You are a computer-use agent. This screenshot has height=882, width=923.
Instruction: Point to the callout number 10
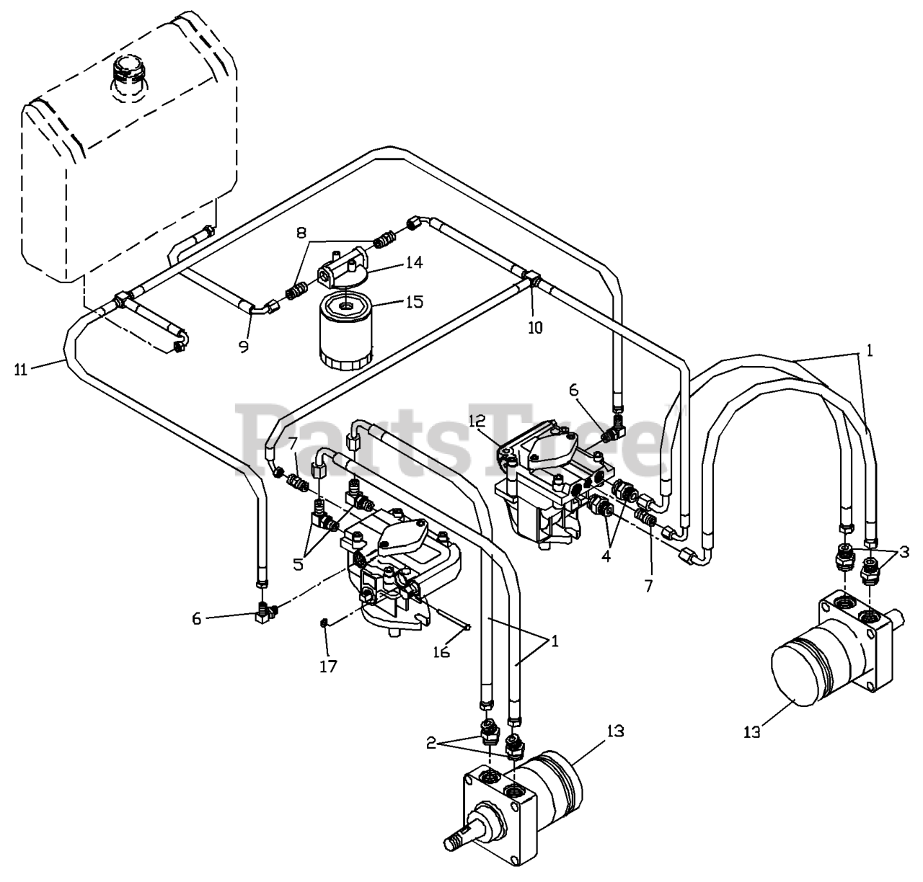(x=534, y=327)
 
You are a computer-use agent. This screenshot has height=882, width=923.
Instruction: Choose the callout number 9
(x=244, y=347)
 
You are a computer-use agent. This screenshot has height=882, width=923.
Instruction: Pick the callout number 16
(x=441, y=651)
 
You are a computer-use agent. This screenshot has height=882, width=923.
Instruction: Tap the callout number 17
(x=330, y=667)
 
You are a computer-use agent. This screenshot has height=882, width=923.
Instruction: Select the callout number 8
(x=301, y=232)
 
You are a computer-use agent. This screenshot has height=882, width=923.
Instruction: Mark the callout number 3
(x=904, y=553)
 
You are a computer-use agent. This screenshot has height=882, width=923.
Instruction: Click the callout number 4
(x=606, y=556)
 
